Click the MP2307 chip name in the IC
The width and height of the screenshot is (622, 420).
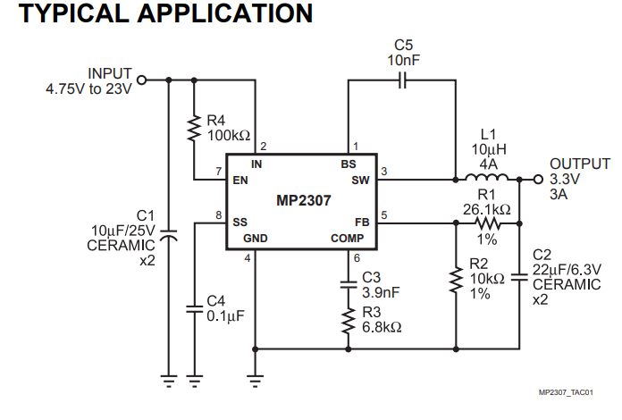304,200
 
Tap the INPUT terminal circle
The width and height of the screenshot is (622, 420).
141,80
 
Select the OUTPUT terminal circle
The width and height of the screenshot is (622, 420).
538,180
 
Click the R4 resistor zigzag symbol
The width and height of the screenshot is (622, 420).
194,128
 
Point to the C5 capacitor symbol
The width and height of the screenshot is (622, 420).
402,80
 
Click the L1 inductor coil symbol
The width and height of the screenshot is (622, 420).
487,177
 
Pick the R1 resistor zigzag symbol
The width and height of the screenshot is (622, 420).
488,223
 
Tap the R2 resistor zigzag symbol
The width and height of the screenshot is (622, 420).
456,280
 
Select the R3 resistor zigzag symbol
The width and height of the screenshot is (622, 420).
349,321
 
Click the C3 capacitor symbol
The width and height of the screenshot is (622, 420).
349,284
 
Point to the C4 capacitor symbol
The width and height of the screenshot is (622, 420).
195,308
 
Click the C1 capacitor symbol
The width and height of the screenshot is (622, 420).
169,235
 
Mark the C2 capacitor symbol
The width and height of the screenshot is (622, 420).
519,277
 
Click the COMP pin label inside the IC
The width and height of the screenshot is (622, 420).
347,239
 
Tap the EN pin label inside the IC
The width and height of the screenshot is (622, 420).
240,181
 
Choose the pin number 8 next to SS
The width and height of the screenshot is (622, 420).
219,215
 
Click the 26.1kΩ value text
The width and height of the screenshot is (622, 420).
487,209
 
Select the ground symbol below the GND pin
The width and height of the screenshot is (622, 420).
255,381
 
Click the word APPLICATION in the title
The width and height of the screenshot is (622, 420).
225,13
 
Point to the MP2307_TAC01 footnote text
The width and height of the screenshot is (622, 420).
566,392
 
